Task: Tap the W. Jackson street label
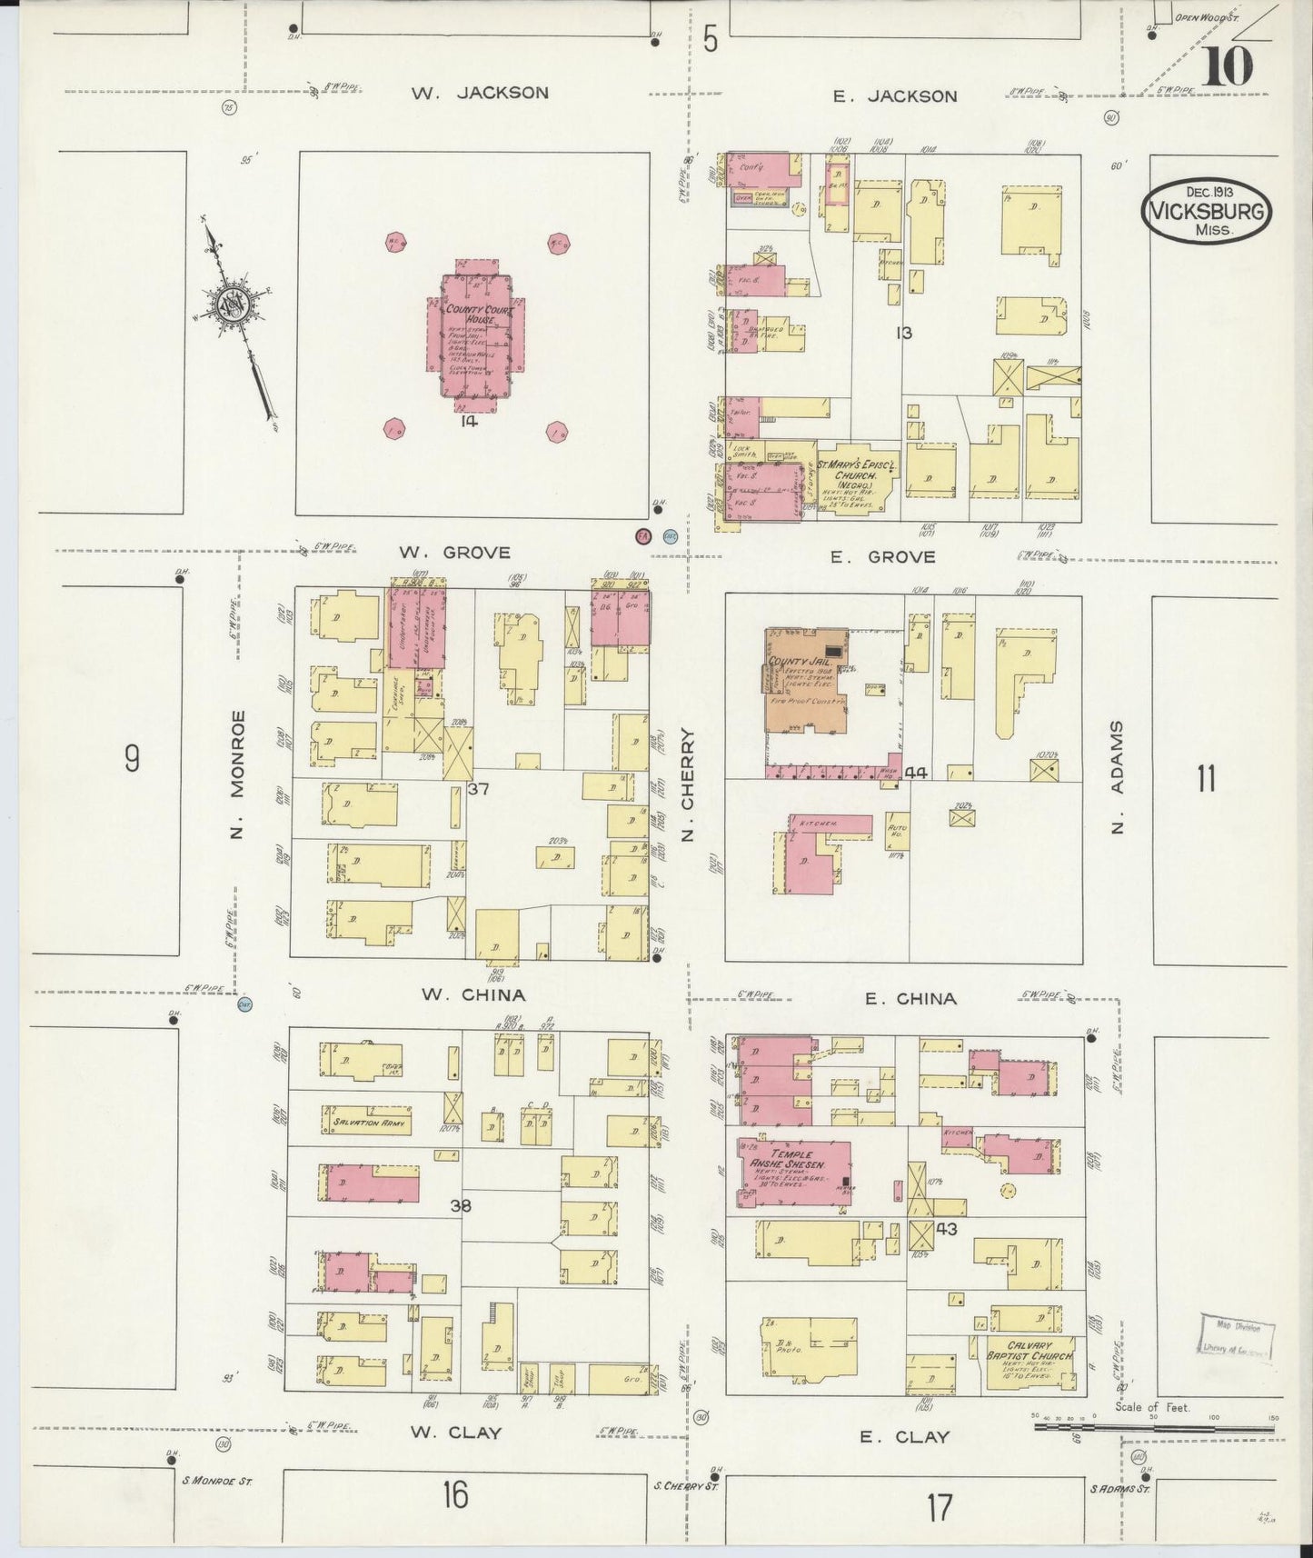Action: point(479,93)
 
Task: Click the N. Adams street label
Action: point(1117,778)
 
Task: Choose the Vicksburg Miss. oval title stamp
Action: point(1207,212)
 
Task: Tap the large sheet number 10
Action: point(1227,65)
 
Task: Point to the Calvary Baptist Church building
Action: point(1030,1363)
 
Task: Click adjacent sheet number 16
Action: point(454,1493)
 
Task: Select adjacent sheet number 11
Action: point(1205,779)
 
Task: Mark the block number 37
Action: point(479,788)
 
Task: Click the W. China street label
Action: point(472,994)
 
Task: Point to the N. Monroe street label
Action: point(237,774)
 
